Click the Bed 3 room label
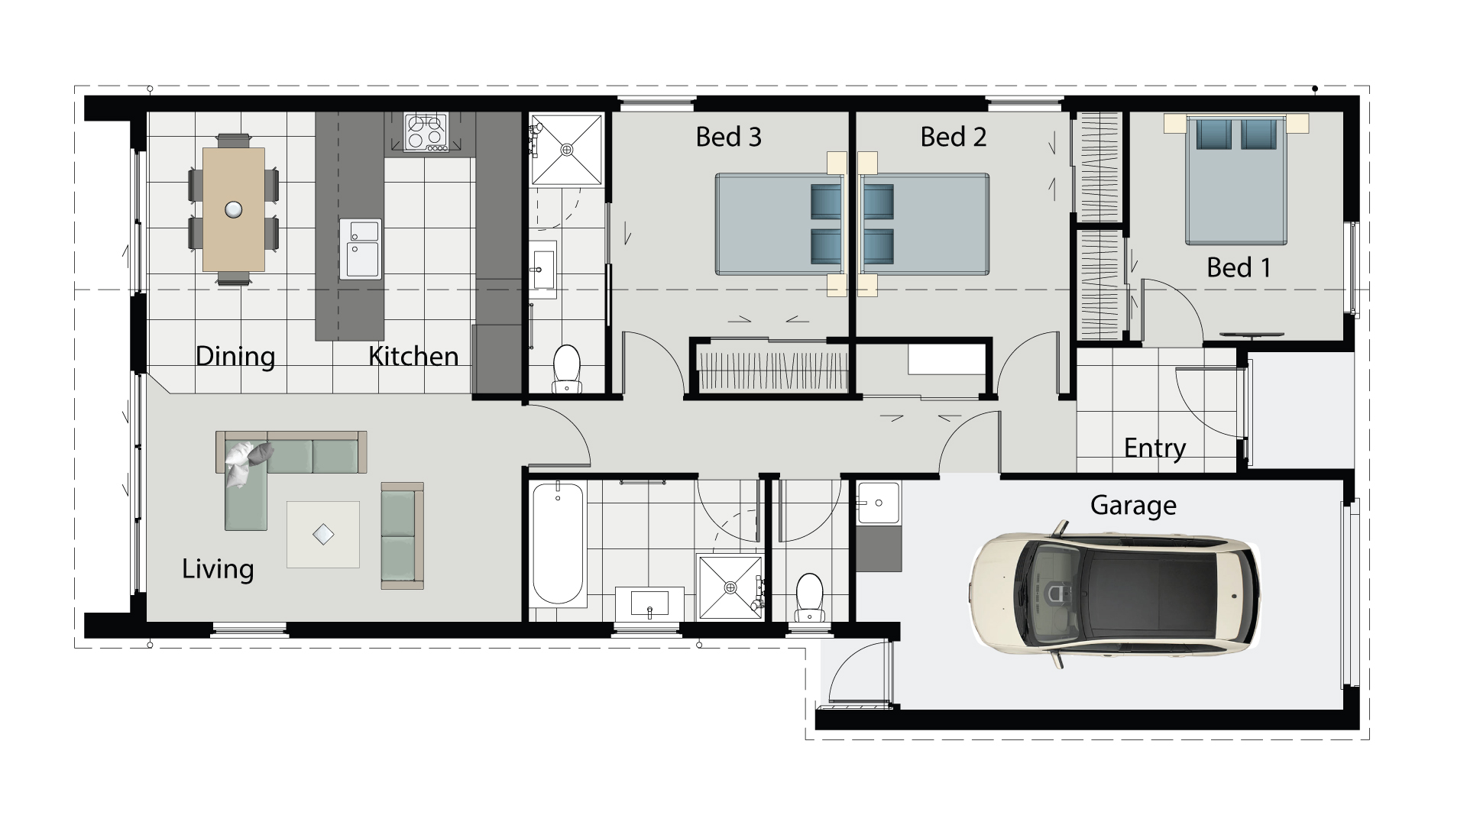pyautogui.click(x=728, y=137)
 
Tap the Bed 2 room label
pyautogui.click(x=953, y=137)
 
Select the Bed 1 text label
pyautogui.click(x=1239, y=267)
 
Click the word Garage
pyautogui.click(x=1132, y=506)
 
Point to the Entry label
pyautogui.click(x=1154, y=448)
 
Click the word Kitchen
pyautogui.click(x=413, y=356)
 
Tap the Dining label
pyautogui.click(x=235, y=356)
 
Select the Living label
pyautogui.click(x=218, y=569)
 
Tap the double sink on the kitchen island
pyautogui.click(x=360, y=248)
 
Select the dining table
pyautogui.click(x=234, y=209)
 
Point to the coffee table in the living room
pyautogui.click(x=323, y=534)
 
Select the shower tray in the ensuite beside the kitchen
pyautogui.click(x=566, y=150)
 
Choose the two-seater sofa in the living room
pyautogui.click(x=402, y=536)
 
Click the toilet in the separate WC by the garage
pyautogui.click(x=808, y=597)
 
